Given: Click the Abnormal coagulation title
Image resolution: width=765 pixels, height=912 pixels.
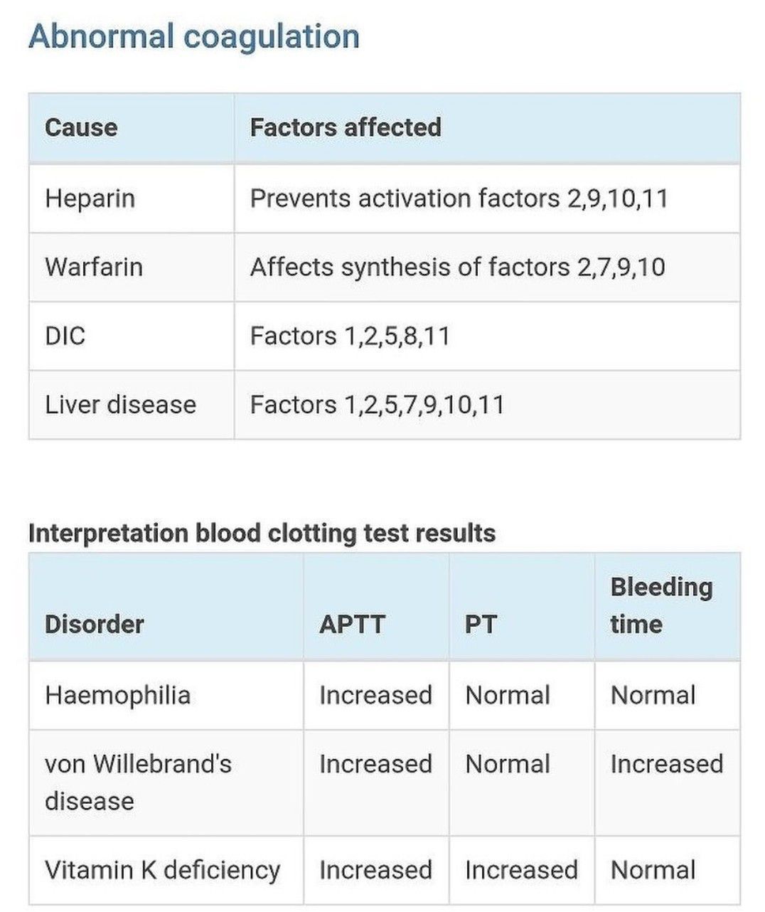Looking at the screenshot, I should (x=193, y=37).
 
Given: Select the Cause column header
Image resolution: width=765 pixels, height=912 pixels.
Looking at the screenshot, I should (x=81, y=128).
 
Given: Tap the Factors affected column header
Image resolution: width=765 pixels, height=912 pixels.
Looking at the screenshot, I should (x=346, y=128).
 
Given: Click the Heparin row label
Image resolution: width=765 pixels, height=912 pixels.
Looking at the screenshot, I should (x=90, y=198).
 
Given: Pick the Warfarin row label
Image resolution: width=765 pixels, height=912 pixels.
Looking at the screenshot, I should (x=94, y=267).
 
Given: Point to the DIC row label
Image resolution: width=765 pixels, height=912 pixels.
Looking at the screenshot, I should (x=65, y=336).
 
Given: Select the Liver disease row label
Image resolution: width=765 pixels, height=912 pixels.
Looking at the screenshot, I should (x=120, y=405).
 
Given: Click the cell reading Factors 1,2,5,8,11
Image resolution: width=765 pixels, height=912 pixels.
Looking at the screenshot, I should (x=350, y=336).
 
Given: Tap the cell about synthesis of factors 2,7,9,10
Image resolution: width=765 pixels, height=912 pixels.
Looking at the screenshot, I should (x=457, y=267).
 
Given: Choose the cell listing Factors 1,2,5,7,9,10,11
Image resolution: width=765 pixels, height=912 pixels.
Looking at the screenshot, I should (x=377, y=405).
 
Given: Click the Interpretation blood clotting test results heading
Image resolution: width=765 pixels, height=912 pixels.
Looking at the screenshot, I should (x=262, y=533).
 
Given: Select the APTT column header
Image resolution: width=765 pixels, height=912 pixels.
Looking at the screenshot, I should (x=352, y=625).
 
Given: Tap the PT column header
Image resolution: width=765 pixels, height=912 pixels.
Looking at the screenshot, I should (x=481, y=625).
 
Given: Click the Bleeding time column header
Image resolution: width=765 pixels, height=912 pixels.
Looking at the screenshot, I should (x=660, y=605).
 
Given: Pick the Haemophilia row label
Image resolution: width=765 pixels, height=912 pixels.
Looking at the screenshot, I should (x=117, y=695).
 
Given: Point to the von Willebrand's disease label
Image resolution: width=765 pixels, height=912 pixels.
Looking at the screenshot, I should (x=138, y=782).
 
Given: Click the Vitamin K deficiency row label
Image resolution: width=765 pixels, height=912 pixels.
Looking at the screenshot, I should (x=162, y=870).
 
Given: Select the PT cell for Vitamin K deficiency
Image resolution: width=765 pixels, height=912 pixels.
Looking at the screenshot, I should (x=521, y=870).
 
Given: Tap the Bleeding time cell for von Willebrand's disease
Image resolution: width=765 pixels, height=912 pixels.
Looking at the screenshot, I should (x=666, y=764).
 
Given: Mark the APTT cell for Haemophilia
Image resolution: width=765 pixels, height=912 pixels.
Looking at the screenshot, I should (x=375, y=695).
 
